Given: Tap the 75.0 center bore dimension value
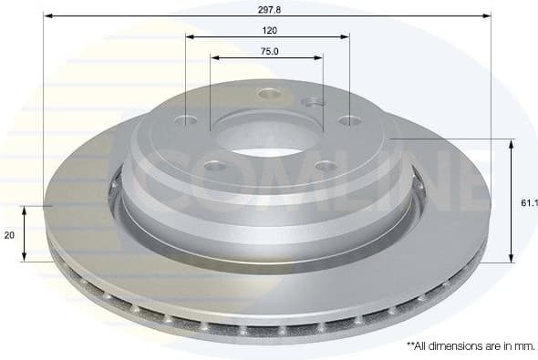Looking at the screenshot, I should [268, 51].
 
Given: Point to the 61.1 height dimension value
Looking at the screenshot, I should [530, 202].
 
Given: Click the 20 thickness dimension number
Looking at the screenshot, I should [9, 234].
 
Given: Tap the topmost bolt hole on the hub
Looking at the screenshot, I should [268, 93].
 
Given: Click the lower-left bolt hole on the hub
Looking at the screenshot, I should [215, 166].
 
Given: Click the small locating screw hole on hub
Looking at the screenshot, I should [312, 102].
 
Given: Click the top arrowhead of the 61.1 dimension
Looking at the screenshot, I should [511, 144].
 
